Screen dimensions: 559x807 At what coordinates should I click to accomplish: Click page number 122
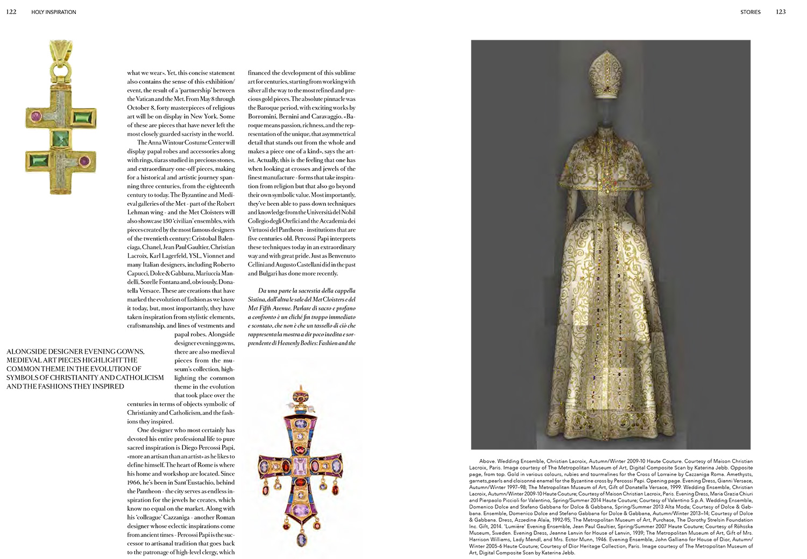click(11, 12)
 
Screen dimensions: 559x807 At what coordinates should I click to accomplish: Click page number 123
click(781, 12)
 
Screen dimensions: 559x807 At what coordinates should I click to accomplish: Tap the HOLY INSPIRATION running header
click(54, 12)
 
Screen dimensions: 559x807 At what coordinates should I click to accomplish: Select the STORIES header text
click(750, 12)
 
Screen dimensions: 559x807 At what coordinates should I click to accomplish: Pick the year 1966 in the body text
click(134, 482)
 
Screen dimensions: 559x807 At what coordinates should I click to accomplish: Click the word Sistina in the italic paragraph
click(257, 299)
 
